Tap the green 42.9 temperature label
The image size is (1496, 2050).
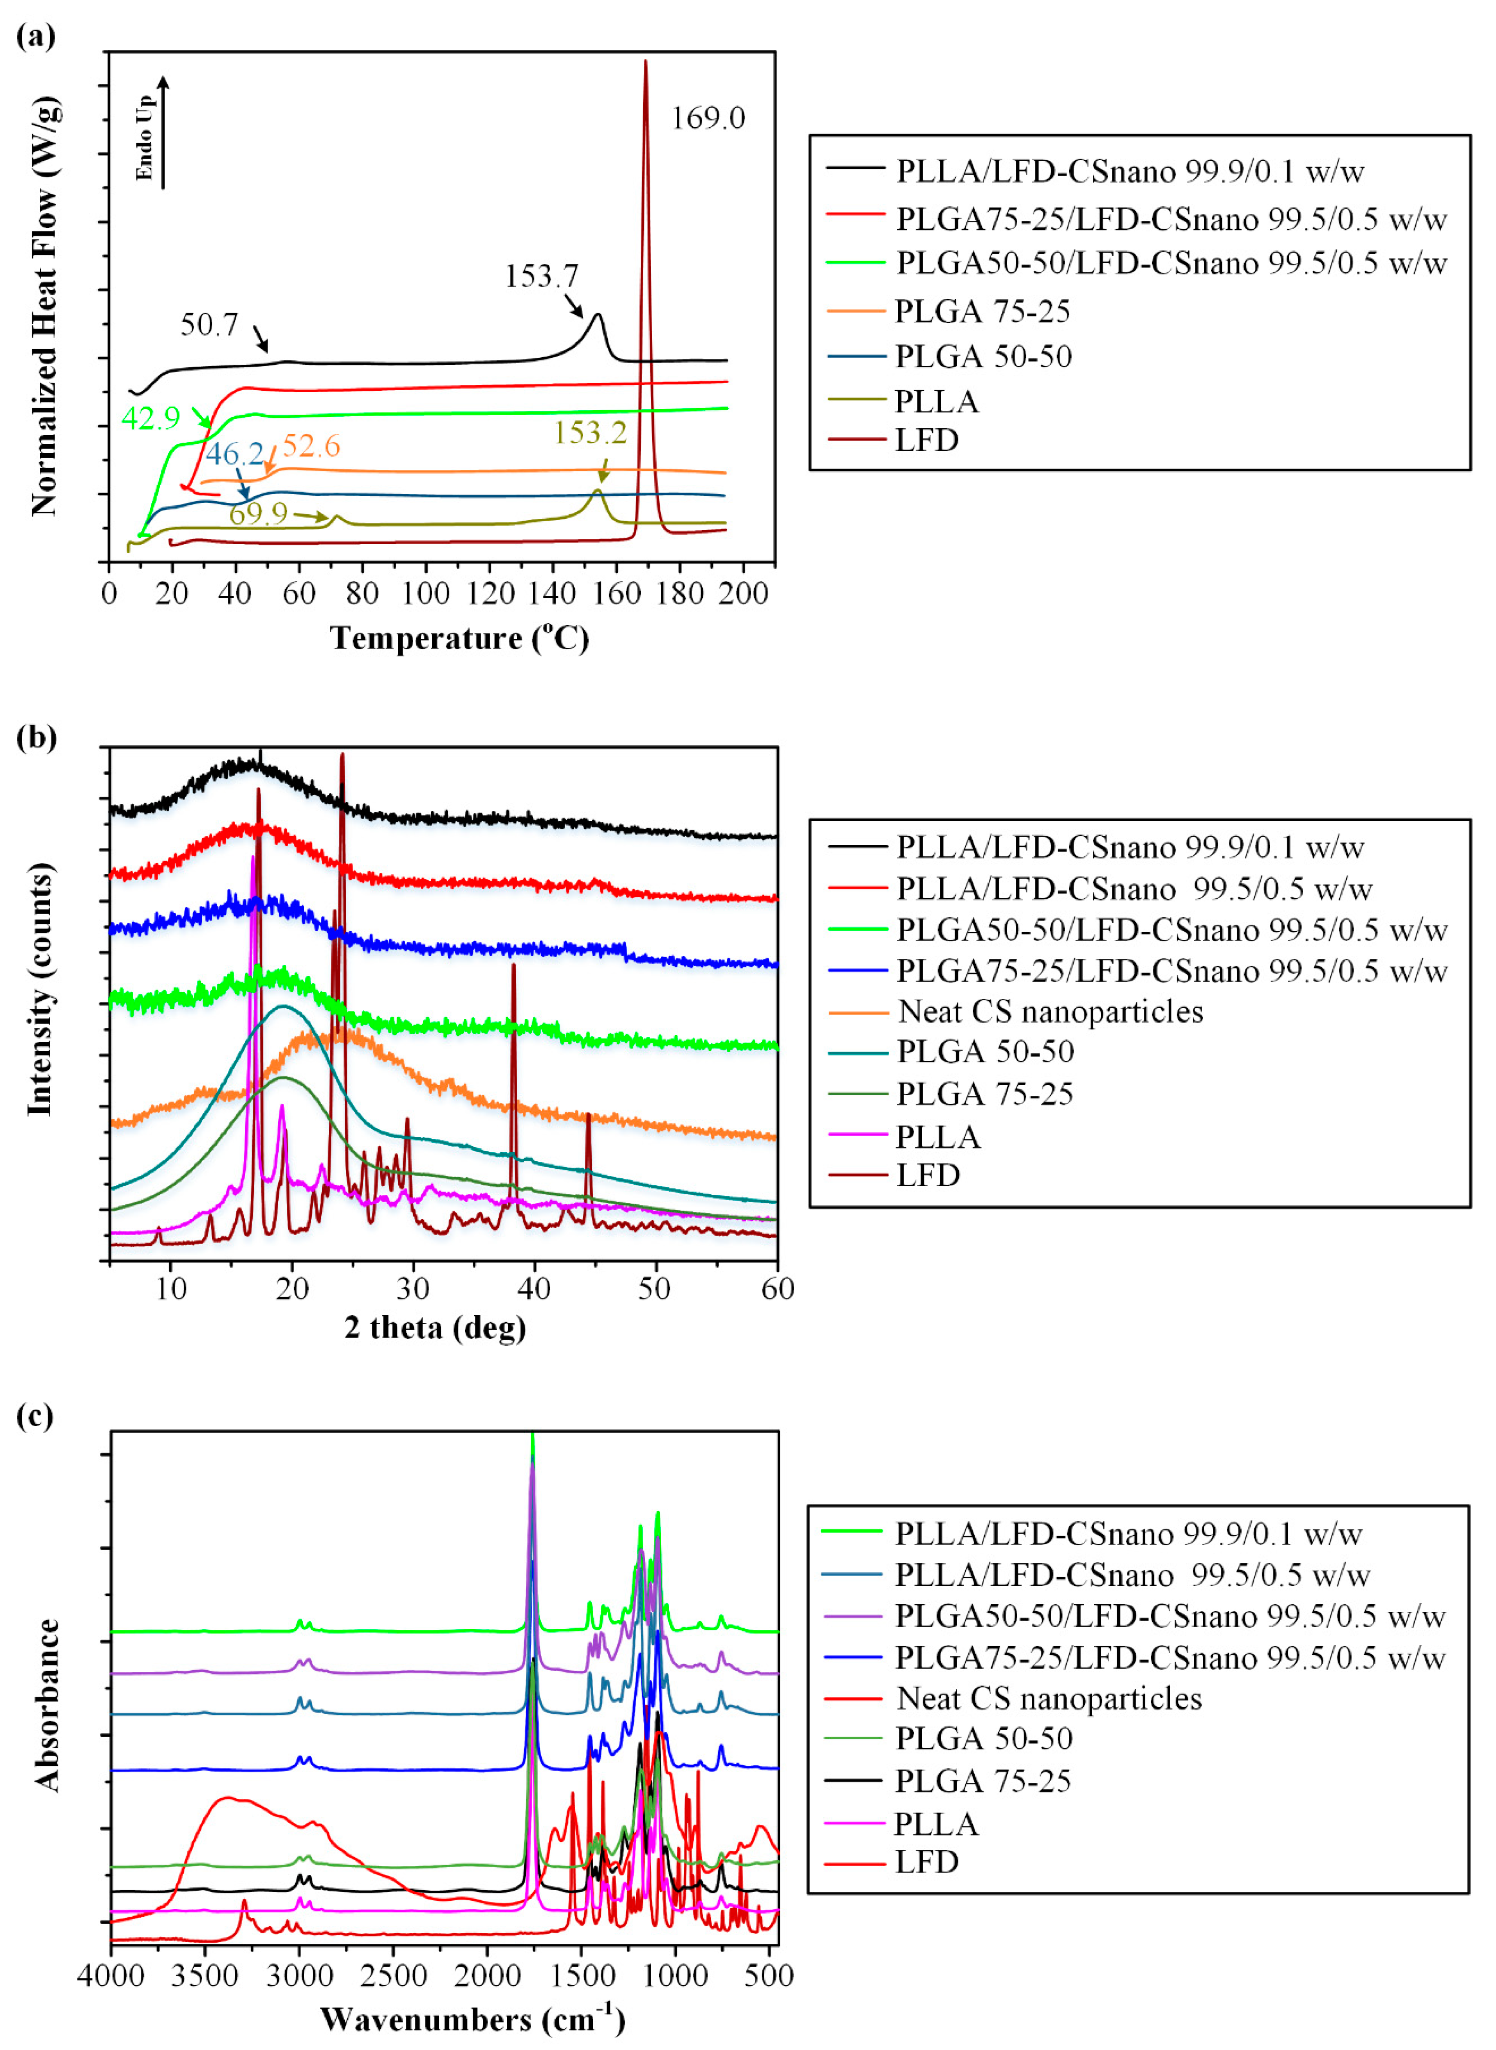(x=150, y=418)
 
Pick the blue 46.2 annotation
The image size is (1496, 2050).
(x=234, y=454)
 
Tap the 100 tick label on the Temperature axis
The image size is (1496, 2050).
(x=426, y=594)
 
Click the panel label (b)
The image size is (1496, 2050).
(x=36, y=738)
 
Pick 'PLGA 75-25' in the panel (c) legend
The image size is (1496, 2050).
(x=982, y=1781)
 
